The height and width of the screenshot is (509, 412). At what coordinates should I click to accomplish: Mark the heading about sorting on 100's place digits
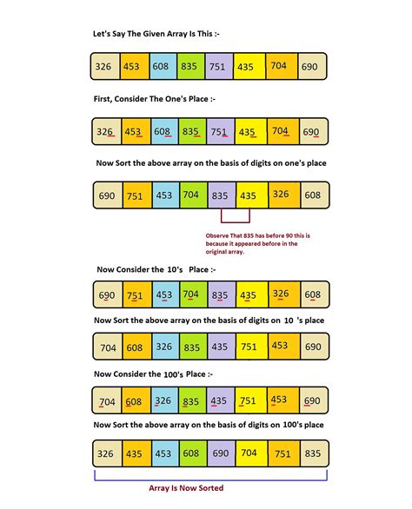click(x=209, y=425)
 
